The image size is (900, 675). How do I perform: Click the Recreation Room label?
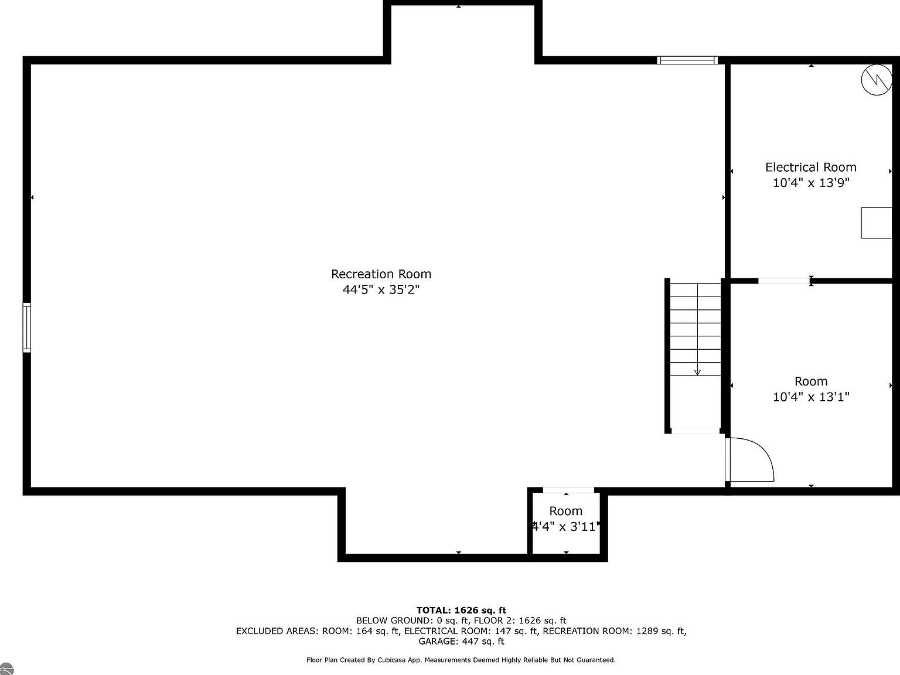[381, 274]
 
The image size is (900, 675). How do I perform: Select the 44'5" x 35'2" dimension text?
[381, 289]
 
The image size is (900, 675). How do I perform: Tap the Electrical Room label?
[810, 168]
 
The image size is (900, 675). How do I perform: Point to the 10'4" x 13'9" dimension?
[810, 183]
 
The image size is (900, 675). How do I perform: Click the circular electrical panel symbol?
[877, 80]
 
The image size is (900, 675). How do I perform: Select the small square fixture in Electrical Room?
[876, 223]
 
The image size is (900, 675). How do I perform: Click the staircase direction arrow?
[697, 371]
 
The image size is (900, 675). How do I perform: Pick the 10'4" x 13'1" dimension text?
[810, 397]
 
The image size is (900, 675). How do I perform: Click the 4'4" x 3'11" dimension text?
[565, 527]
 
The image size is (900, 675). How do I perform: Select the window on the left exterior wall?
[27, 328]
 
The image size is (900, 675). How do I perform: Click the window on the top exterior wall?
[687, 60]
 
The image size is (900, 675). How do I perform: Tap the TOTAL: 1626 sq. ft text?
[461, 610]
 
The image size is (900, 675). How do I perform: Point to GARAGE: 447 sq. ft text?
[461, 642]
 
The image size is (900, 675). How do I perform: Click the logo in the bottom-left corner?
[6, 669]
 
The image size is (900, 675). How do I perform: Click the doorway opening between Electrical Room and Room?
[784, 281]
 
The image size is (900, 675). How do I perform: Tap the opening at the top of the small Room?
[568, 490]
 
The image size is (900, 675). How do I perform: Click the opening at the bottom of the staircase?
[695, 431]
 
